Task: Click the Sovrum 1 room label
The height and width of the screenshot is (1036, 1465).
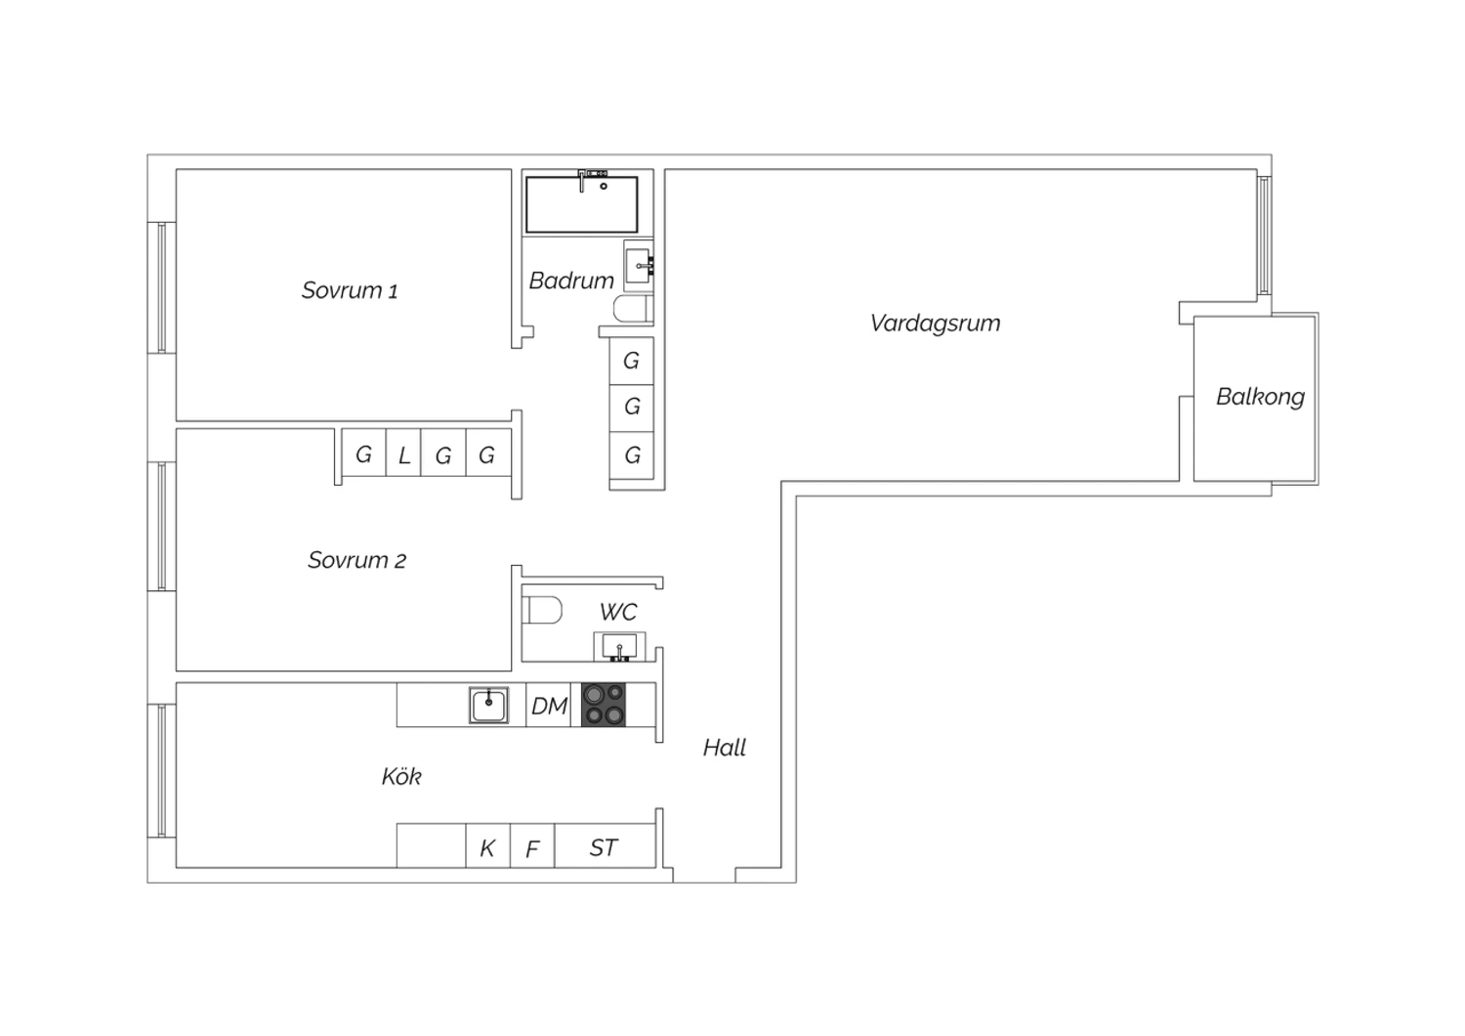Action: coord(350,290)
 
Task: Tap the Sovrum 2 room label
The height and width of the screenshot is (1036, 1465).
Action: coord(357,560)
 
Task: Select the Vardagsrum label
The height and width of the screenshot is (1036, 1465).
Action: coord(935,324)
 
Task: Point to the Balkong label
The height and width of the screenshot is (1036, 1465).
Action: coord(1260,397)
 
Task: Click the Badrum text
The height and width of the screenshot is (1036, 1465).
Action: coord(571,281)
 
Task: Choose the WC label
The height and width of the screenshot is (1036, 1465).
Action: coord(618,612)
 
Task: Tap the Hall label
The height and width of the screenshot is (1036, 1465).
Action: coord(724,748)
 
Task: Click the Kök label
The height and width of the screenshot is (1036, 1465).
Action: coord(401,776)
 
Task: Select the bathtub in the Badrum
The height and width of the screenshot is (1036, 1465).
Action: coord(581,203)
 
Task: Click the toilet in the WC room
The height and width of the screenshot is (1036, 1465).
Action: coord(542,609)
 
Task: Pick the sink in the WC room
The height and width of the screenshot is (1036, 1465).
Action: coord(619,647)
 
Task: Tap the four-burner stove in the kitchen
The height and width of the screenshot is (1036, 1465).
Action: coord(603,705)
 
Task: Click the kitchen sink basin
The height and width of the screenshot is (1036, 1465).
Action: coord(488,705)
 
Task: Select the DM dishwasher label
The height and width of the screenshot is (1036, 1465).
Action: coord(549,707)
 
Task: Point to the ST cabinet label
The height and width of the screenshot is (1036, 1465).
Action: coord(603,848)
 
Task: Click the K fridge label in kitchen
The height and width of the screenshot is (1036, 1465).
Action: coord(487,848)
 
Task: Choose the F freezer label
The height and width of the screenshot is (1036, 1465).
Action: coord(532,849)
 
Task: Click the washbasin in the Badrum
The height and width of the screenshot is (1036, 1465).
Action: coord(639,266)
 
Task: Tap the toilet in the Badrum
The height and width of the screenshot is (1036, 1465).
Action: coord(633,309)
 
